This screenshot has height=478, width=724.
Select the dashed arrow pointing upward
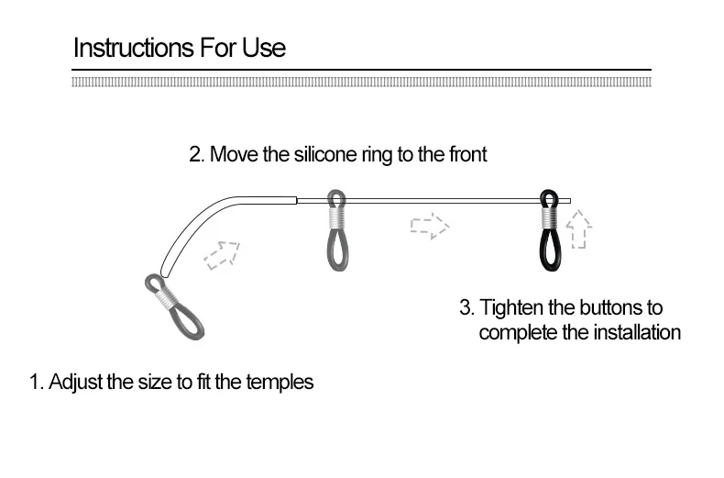pyautogui.click(x=578, y=229)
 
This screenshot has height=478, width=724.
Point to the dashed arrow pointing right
pyautogui.click(x=429, y=226)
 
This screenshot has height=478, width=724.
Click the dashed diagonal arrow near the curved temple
pyautogui.click(x=222, y=254)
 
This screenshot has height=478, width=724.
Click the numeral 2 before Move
pyautogui.click(x=195, y=154)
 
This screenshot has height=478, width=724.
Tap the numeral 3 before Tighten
pyautogui.click(x=465, y=307)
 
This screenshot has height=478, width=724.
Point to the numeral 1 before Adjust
pyautogui.click(x=36, y=382)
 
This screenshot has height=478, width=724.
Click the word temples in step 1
pyautogui.click(x=280, y=382)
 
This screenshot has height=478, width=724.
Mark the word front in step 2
pyautogui.click(x=466, y=154)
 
